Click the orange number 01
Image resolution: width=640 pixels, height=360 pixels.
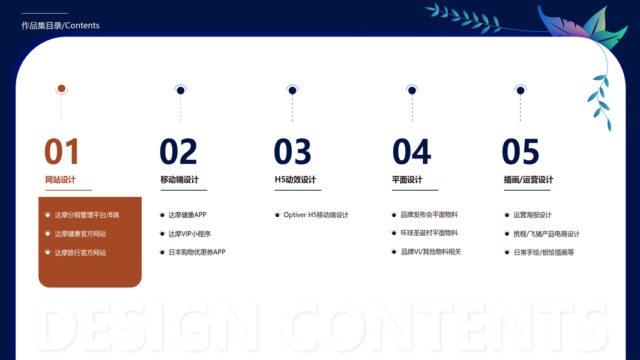point(61,151)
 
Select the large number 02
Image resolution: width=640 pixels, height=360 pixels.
point(178,151)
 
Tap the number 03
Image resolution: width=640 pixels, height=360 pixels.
point(292,151)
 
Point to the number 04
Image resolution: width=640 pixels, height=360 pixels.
point(411,151)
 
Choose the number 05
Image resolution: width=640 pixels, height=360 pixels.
point(521,151)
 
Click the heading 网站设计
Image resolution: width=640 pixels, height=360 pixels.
point(61,180)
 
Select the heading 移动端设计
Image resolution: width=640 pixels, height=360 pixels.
point(180,180)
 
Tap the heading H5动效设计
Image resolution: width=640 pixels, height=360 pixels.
point(295,180)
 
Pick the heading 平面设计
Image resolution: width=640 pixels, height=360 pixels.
point(407,180)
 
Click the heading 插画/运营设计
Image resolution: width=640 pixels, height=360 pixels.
point(528,180)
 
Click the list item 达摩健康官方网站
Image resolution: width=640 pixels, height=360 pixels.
point(80,234)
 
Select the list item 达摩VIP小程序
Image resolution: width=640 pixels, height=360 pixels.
point(189,234)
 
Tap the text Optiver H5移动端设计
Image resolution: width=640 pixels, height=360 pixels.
point(316,215)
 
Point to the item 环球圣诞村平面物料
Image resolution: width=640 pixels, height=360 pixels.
point(429,233)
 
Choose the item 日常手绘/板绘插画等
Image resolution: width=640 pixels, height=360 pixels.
point(544,253)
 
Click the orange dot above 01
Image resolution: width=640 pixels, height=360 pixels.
point(62,88)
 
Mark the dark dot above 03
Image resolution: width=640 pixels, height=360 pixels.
point(292,91)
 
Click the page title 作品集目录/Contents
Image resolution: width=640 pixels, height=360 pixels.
point(61,25)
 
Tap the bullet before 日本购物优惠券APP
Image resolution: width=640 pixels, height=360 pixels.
point(162,253)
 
